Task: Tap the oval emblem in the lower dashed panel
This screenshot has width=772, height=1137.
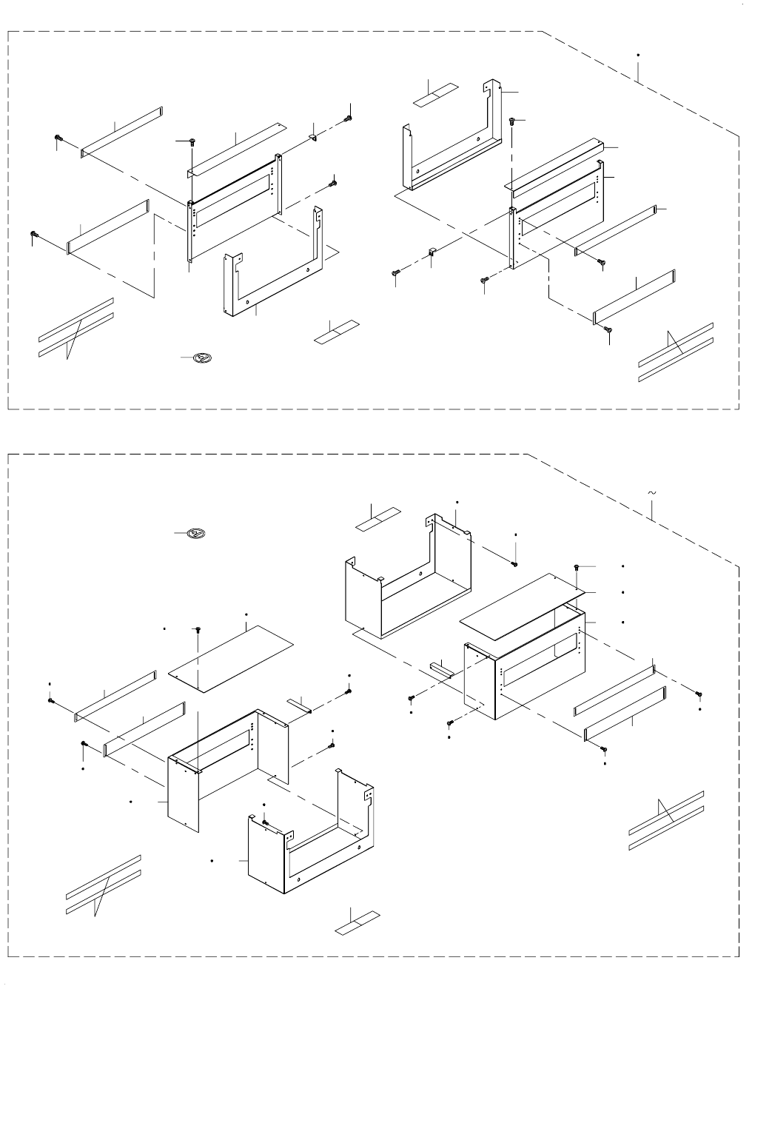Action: point(195,533)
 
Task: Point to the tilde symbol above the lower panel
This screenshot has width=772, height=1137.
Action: point(652,492)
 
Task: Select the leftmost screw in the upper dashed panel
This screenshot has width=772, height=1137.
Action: point(33,235)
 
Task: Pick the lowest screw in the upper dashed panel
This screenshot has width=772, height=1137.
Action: point(608,329)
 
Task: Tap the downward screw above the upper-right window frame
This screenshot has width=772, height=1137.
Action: point(515,121)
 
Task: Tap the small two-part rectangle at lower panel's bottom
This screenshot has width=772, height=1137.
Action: point(358,921)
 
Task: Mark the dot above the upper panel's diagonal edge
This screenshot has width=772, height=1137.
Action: point(637,55)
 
